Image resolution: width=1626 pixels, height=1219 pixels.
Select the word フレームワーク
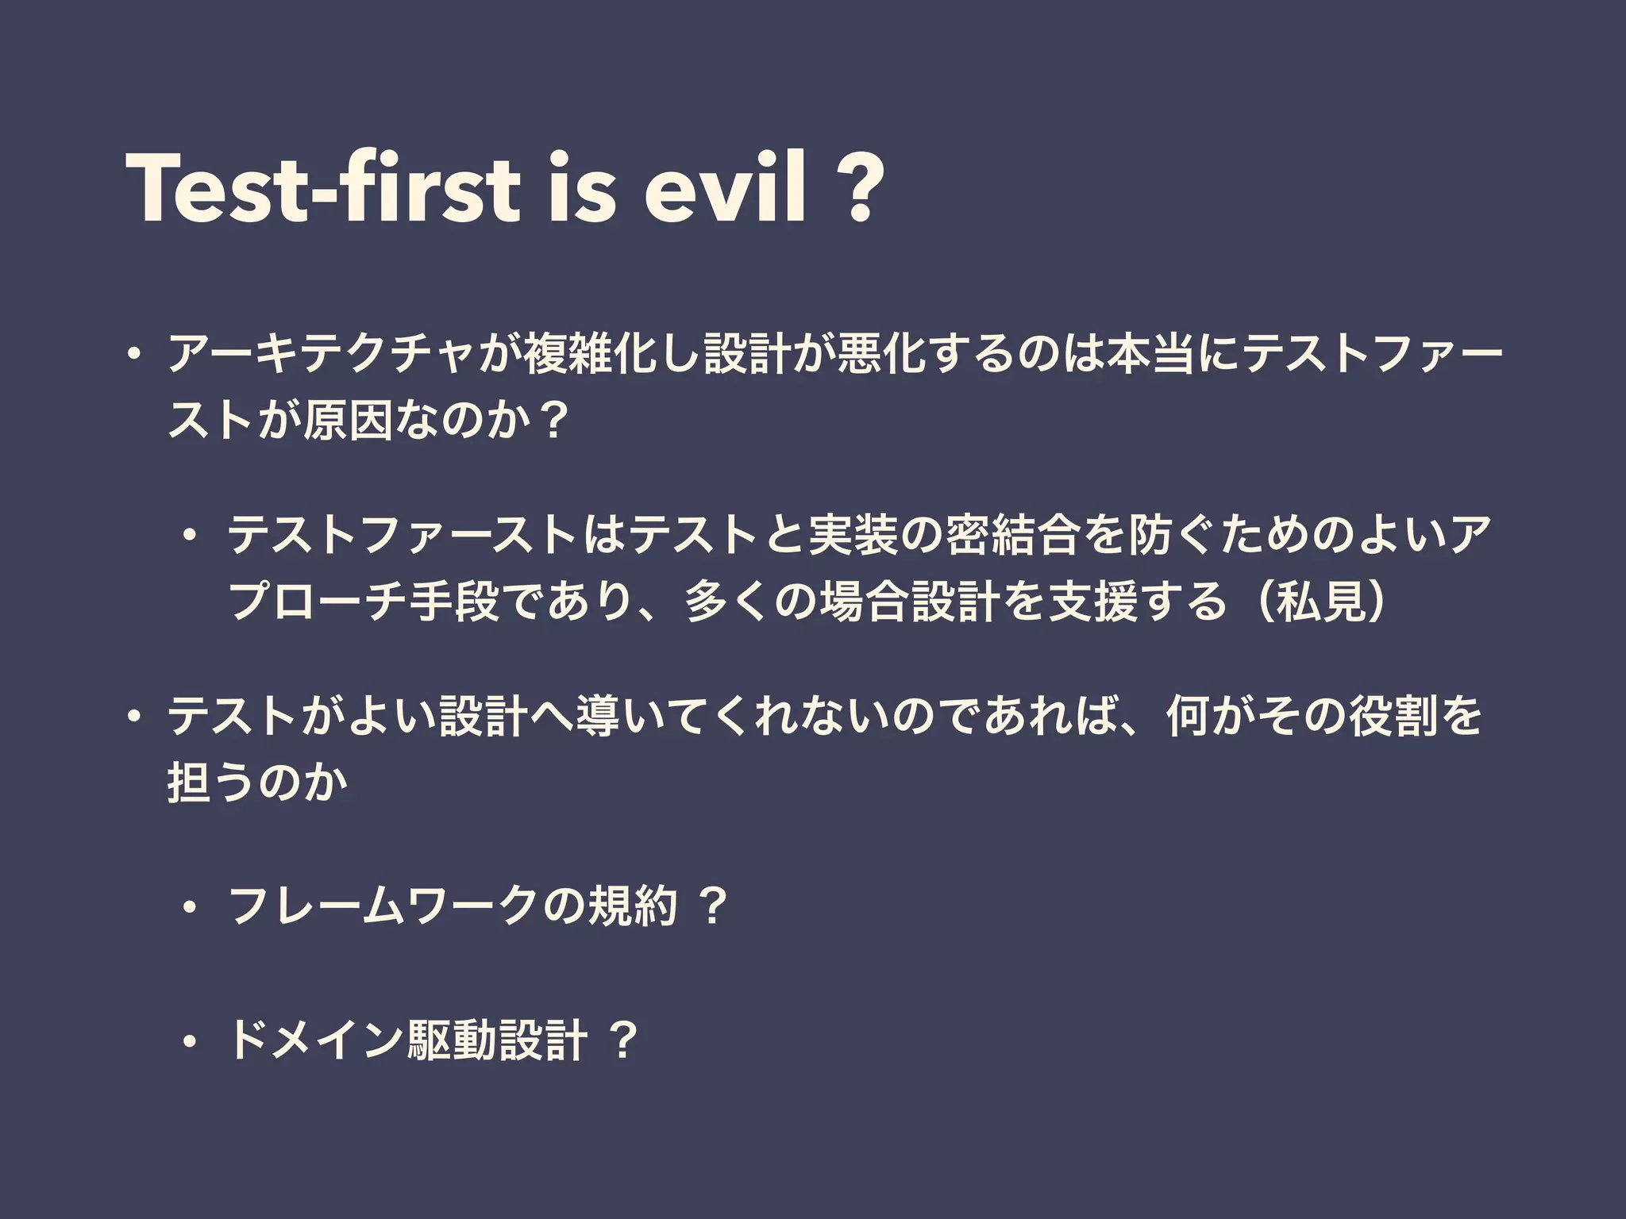pos(386,906)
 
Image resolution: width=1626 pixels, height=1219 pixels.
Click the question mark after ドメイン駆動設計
pos(623,1040)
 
